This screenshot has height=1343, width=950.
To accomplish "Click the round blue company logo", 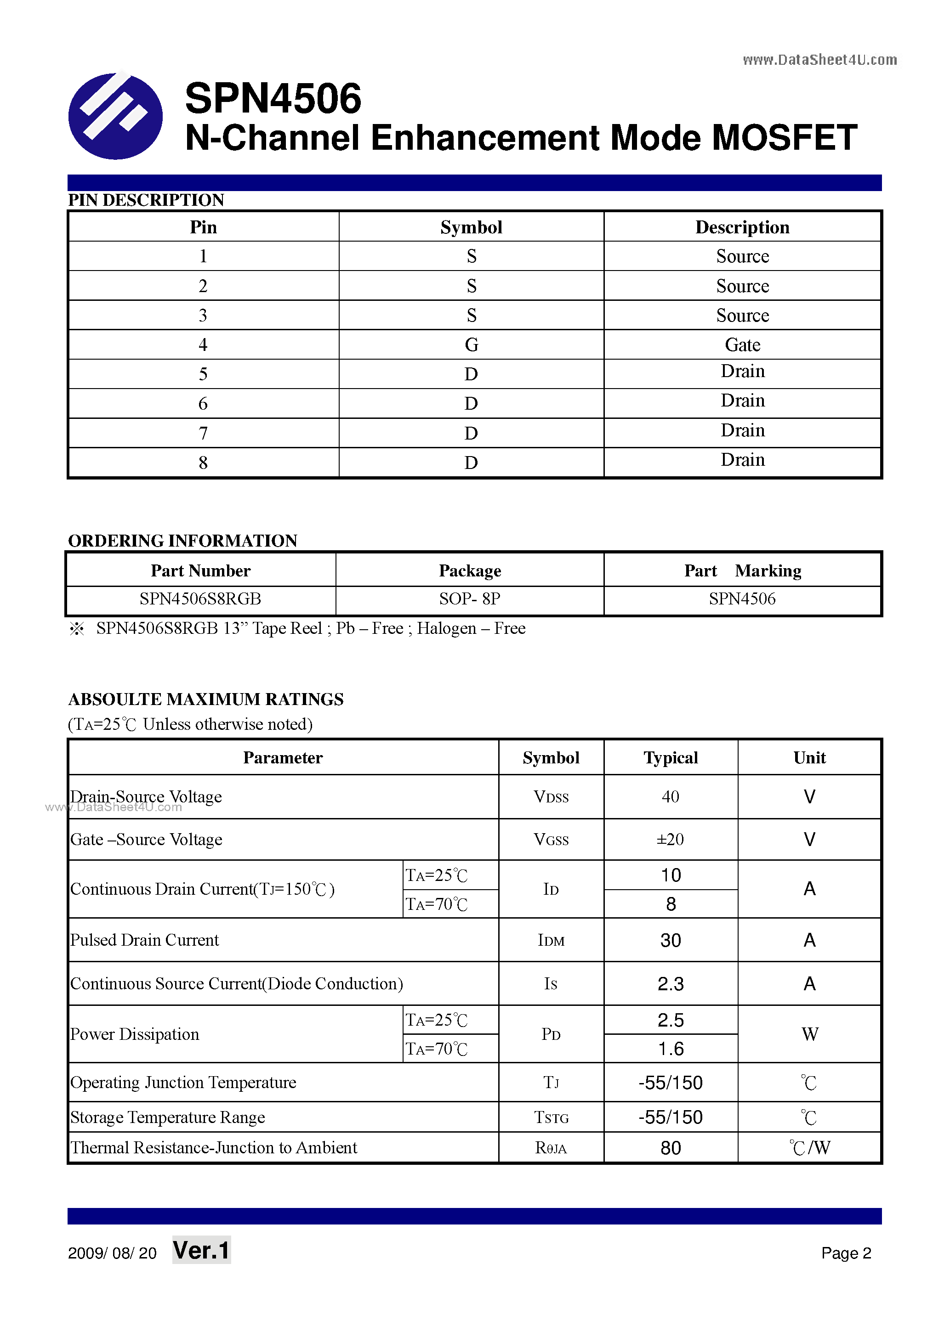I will pos(115,116).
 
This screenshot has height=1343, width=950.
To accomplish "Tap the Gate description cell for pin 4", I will pos(742,344).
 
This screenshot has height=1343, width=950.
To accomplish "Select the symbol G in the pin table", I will pos(471,344).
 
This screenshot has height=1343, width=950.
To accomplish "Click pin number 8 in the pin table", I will pos(203,463).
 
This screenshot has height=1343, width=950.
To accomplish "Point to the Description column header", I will pos(742,227).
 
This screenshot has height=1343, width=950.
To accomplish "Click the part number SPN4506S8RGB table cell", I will pos(200,599).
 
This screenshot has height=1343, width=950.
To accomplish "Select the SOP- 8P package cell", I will pos(469,599).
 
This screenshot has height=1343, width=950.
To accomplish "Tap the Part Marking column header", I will pos(742,570).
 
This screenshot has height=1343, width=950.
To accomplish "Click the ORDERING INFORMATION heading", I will pos(182,541).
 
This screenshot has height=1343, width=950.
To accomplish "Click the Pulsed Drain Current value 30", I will pos(670,940).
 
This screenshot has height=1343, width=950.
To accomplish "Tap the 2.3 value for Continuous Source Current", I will pos(670,984).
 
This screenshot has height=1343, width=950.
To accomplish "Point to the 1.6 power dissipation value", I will pos(670,1049).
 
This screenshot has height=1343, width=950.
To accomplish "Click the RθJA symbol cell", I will pos(551,1148).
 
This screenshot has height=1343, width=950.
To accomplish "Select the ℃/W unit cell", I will pos(809,1148).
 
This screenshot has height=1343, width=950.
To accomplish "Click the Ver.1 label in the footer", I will pos(201,1251).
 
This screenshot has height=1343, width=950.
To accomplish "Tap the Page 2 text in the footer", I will pos(846,1253).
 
